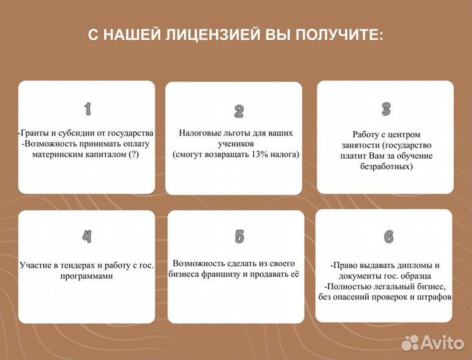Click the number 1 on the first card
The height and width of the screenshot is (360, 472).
coord(87,108)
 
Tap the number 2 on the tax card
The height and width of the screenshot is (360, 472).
coord(239,111)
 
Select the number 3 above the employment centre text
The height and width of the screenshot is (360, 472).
coord(386,109)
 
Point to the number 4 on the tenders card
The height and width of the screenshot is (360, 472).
coord(87,236)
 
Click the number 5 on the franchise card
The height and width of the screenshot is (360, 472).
coord(239,236)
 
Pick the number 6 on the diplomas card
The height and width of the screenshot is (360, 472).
coord(389,236)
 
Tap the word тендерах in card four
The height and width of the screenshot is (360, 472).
coord(75,265)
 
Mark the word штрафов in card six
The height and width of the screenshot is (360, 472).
coord(435,297)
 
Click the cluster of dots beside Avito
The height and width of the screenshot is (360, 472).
coord(412,343)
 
